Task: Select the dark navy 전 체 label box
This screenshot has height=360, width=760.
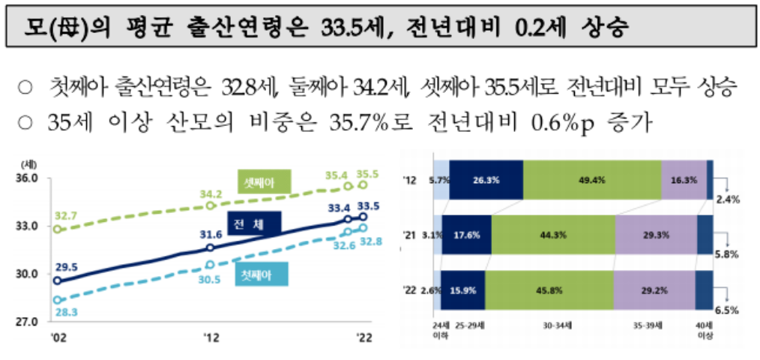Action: pyautogui.click(x=253, y=222)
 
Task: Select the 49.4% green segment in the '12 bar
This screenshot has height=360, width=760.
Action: pyautogui.click(x=592, y=180)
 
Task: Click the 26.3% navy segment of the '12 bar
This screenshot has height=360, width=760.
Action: pyautogui.click(x=486, y=180)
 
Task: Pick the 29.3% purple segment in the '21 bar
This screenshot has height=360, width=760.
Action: pyautogui.click(x=656, y=234)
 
